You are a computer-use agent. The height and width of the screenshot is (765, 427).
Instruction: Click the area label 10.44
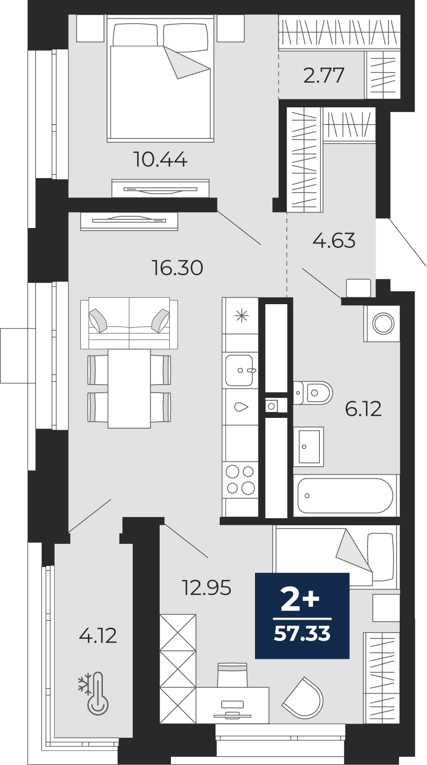click(x=160, y=159)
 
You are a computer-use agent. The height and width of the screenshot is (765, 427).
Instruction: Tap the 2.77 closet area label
click(x=324, y=76)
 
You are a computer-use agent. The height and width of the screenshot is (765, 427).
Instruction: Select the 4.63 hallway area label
click(x=334, y=240)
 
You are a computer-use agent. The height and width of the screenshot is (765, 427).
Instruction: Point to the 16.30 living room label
click(x=177, y=267)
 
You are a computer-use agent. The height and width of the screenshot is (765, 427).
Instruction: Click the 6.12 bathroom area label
click(x=363, y=409)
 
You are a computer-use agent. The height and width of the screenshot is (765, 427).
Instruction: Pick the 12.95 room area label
click(x=206, y=589)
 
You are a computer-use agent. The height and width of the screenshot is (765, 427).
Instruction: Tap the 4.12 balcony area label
click(x=98, y=636)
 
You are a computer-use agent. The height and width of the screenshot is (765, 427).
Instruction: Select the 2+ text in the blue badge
click(x=300, y=600)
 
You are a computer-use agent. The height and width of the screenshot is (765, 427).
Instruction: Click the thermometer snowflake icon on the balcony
click(x=95, y=694)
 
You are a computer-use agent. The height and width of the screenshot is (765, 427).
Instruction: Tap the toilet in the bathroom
click(x=314, y=393)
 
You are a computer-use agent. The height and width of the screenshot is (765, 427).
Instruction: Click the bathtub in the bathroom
click(x=346, y=495)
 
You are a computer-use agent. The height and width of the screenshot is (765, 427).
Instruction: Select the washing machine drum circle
click(x=383, y=323)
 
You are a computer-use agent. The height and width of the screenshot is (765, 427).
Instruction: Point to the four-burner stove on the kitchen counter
click(x=240, y=480)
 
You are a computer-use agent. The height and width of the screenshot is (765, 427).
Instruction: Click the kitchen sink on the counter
click(x=239, y=370)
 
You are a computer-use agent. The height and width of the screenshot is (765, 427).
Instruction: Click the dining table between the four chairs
click(x=129, y=388)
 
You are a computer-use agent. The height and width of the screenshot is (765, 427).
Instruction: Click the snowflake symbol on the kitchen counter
click(x=241, y=315)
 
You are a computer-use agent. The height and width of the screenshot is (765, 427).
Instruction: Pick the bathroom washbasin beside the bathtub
click(x=309, y=446)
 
